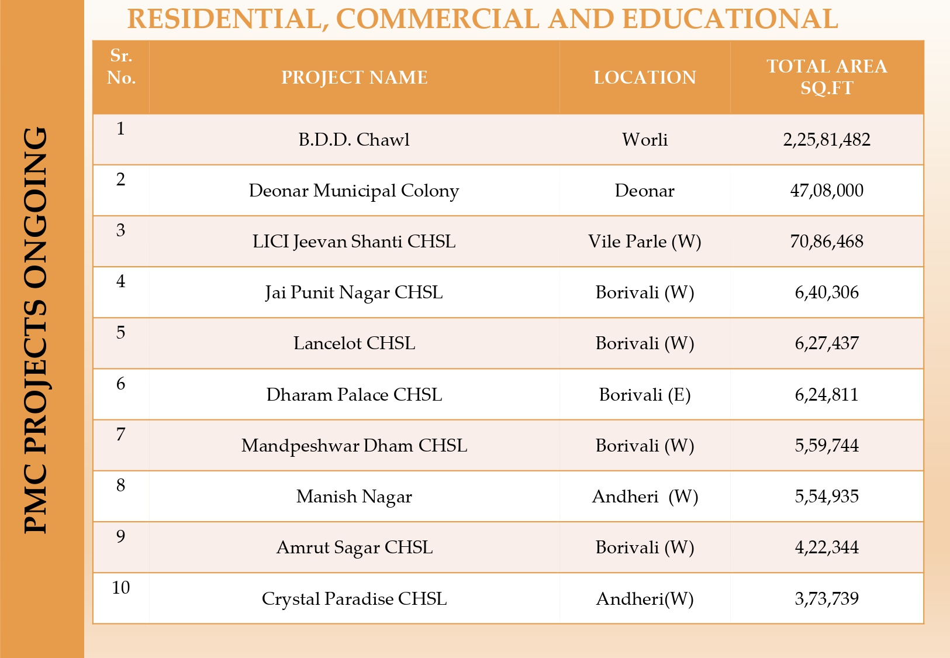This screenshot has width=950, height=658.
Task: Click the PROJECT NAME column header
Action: [354, 77]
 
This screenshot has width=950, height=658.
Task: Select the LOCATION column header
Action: [645, 77]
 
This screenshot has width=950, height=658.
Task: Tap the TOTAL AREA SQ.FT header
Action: [827, 77]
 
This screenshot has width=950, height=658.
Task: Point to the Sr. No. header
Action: [121, 67]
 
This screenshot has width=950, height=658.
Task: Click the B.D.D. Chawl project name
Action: [354, 140]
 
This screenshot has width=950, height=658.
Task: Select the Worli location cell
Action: [645, 140]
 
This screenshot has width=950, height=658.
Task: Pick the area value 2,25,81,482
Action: [827, 140]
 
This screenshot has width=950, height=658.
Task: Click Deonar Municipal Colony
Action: [354, 191]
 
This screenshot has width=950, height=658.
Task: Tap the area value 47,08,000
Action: [827, 191]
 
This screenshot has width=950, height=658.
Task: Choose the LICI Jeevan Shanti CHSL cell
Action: [354, 242]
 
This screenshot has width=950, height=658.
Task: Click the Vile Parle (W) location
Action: [645, 242]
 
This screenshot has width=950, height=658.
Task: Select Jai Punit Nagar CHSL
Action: [354, 292]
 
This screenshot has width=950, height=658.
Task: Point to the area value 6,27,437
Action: [827, 343]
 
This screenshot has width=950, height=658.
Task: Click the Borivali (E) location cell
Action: [645, 395]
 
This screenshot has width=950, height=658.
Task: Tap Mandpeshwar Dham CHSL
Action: [354, 446]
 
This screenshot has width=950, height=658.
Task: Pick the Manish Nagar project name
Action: [354, 497]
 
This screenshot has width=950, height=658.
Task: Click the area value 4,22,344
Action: [827, 547]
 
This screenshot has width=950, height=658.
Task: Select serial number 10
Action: [121, 587]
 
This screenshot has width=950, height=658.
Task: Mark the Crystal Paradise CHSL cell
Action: [354, 599]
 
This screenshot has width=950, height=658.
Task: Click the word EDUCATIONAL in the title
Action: [730, 19]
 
